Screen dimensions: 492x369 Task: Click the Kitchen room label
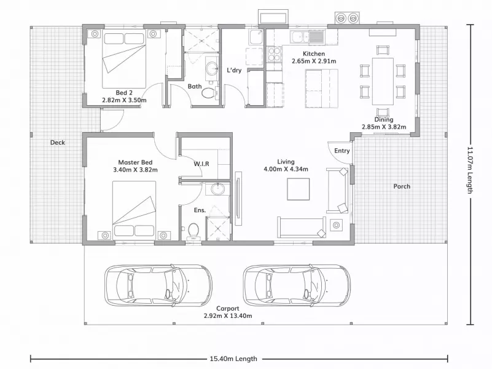[x=313, y=54]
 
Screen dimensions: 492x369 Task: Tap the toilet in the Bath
[x=208, y=93]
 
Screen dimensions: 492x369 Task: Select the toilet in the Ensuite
[x=193, y=231]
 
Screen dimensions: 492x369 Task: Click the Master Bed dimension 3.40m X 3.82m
[x=135, y=170]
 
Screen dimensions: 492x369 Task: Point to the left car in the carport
[x=158, y=285]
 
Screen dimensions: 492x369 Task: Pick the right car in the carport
[x=297, y=285]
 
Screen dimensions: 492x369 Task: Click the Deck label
[x=57, y=143]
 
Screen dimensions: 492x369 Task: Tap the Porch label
[x=402, y=186]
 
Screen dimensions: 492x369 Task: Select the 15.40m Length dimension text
[x=233, y=359]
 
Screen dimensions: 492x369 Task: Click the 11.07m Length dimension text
[x=470, y=170]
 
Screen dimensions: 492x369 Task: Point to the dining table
[x=383, y=81]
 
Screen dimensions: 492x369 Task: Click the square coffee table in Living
[x=298, y=189]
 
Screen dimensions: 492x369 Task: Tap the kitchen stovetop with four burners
[x=274, y=54]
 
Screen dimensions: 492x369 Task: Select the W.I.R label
[x=201, y=164]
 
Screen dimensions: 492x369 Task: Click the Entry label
[x=342, y=151]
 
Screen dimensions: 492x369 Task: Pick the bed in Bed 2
[x=124, y=59]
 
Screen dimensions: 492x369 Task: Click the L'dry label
[x=234, y=70]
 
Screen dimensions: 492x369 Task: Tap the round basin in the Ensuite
[x=217, y=189]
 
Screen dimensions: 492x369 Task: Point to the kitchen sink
[x=307, y=37]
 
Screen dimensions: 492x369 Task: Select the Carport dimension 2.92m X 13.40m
[x=228, y=315]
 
